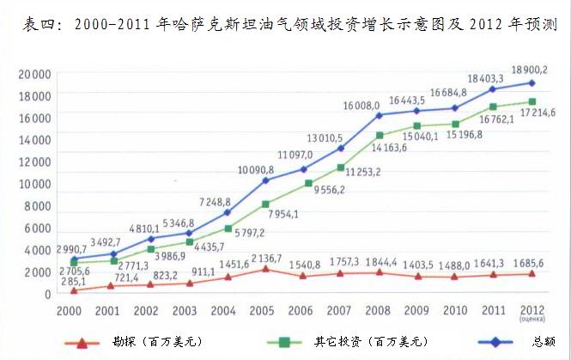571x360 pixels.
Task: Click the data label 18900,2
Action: point(528,69)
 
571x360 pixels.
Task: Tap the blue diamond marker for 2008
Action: point(379,115)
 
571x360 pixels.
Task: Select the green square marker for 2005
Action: point(266,204)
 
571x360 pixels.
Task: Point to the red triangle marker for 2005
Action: point(266,269)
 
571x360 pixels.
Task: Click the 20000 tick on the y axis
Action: point(36,75)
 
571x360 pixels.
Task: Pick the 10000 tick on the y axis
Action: point(36,184)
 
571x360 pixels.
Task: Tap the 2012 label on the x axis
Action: point(531,309)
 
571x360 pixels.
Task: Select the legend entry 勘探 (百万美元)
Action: point(163,343)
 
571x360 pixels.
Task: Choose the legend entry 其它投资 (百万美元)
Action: point(369,343)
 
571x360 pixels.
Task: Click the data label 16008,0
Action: point(361,105)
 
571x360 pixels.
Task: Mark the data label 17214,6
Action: point(536,113)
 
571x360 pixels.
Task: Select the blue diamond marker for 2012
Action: point(531,82)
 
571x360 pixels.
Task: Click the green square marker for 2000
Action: point(75,263)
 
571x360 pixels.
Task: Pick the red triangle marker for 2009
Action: point(416,277)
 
